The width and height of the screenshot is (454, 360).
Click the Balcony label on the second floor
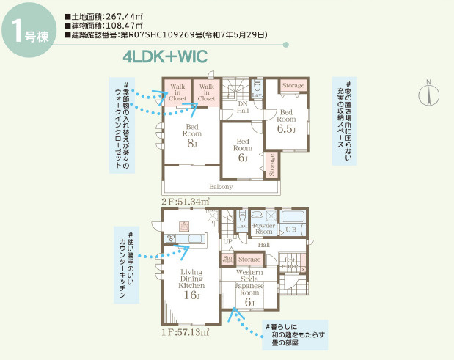tap(221, 187)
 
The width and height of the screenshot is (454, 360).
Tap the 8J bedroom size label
tap(192, 144)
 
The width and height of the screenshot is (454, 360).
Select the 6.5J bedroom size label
tap(286, 128)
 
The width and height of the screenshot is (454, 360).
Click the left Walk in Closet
tap(178, 92)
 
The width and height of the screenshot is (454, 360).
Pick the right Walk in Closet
tap(207, 92)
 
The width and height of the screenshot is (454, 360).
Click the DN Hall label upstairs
tap(242, 107)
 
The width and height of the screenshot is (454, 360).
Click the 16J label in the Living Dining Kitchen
tap(191, 295)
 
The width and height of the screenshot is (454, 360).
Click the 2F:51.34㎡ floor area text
tap(185, 201)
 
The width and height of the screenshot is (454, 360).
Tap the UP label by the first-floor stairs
tap(227, 241)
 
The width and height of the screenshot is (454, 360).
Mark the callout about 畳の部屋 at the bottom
tap(294, 337)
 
